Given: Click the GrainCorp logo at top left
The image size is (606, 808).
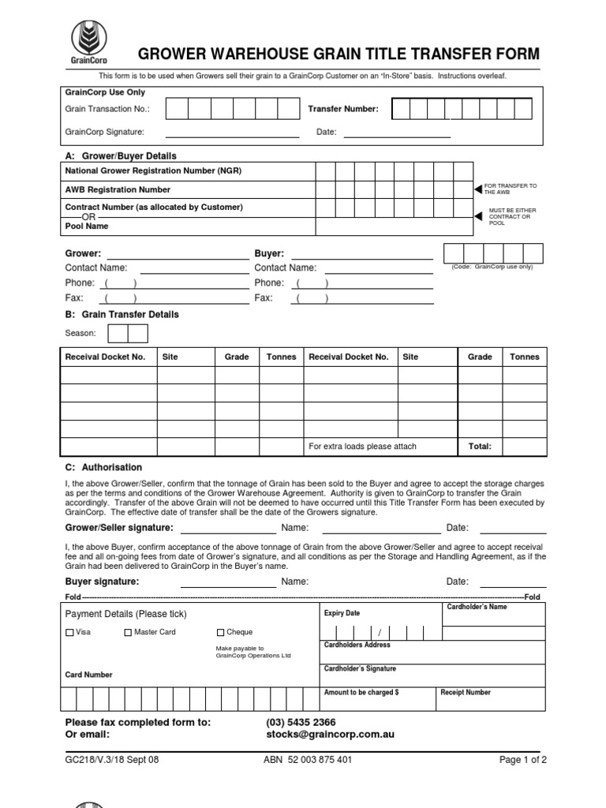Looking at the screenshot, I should [x=88, y=43].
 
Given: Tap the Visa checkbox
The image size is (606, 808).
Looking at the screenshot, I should [x=69, y=633].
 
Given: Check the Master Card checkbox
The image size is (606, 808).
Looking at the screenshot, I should [x=128, y=633].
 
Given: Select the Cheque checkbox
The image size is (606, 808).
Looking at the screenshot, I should [x=221, y=633].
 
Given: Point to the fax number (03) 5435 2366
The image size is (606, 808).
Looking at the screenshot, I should [x=301, y=722].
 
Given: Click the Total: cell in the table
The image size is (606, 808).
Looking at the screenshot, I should [x=480, y=447].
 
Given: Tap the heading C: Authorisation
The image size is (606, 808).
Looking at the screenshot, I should [x=103, y=467].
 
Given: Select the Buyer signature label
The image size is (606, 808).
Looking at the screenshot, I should [x=102, y=582].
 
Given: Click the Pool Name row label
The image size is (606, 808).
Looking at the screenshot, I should [x=87, y=226].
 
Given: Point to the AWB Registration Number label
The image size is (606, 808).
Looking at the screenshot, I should [x=118, y=189].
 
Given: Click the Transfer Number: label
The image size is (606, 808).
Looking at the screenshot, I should [x=343, y=109].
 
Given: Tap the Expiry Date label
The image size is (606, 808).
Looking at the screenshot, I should [x=342, y=613].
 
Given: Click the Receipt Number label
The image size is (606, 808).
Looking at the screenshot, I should [x=466, y=692].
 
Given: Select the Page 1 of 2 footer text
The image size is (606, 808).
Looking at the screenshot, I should [x=523, y=760].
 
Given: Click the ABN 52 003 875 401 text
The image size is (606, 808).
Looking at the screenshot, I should [x=308, y=760].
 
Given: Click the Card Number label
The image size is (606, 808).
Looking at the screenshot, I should [x=88, y=675].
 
